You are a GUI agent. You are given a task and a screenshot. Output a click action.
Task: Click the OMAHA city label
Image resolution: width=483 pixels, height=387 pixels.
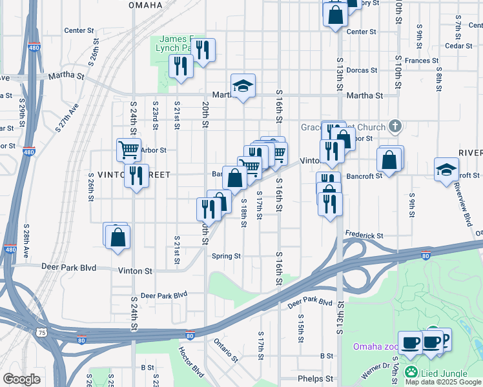[145, 5]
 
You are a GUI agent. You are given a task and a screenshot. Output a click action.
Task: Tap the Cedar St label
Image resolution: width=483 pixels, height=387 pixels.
[460, 46]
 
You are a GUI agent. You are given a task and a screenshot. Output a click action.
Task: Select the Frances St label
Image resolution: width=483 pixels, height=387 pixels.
[422, 61]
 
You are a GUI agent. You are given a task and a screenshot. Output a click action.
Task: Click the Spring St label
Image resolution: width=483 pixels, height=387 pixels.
[226, 256]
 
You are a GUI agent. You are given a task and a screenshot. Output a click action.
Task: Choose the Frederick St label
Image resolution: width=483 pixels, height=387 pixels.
[364, 235]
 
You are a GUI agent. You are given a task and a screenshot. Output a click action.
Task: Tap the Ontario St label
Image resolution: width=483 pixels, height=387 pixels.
[227, 347]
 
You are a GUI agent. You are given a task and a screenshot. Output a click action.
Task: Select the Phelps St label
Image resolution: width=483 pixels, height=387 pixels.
[315, 379]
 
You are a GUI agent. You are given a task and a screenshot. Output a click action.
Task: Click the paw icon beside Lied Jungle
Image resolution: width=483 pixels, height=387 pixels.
[411, 373]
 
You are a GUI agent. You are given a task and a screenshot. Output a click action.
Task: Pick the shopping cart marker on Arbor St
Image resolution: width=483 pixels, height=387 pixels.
[128, 150]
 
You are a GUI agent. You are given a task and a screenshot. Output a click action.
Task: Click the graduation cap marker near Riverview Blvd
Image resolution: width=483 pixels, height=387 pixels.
[446, 170]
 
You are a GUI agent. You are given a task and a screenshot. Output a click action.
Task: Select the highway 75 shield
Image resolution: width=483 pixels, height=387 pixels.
[42, 332]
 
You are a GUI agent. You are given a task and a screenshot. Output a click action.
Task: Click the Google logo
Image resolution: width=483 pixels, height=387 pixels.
[22, 379]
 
